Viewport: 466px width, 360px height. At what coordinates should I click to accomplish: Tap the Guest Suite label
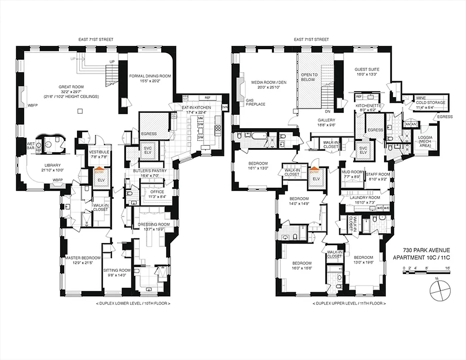(368, 72)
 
